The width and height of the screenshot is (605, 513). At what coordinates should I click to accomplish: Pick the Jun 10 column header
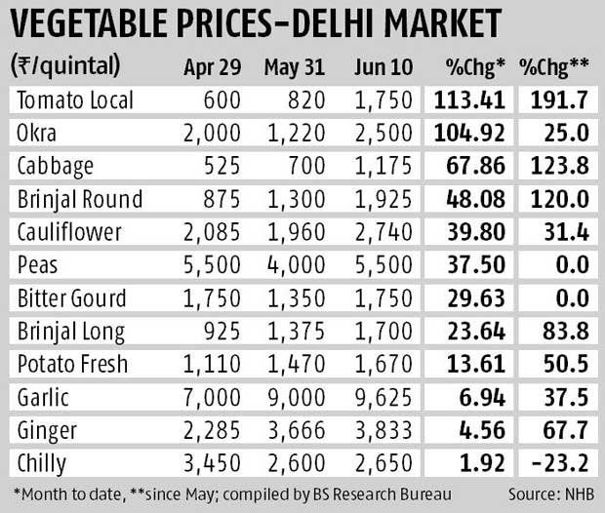[379, 68]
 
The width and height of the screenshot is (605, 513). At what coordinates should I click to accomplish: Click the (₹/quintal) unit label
[65, 68]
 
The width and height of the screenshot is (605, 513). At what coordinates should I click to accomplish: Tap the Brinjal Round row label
[81, 200]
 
